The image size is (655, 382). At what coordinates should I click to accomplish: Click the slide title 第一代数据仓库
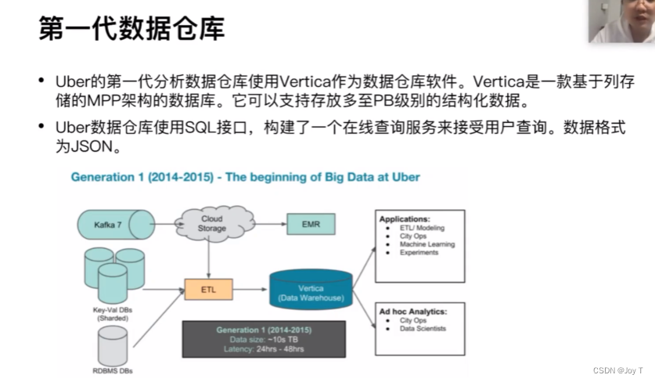[x=132, y=29]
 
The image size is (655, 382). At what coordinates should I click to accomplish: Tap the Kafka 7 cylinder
[x=110, y=224]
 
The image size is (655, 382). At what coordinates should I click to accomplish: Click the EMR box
[x=311, y=224]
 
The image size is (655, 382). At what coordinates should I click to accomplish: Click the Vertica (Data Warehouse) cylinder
[x=311, y=290]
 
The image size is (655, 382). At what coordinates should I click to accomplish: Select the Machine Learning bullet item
[x=426, y=244]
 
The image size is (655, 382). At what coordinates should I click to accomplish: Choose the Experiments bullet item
[x=419, y=253]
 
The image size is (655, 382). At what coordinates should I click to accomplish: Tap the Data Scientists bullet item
[x=422, y=329]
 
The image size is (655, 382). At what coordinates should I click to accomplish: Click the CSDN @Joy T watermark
[x=618, y=370]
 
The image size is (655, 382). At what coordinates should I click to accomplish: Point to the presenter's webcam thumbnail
[x=621, y=21]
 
